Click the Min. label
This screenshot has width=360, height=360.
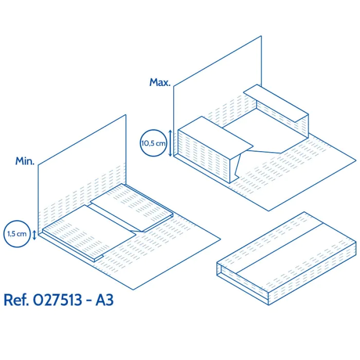point(25,161)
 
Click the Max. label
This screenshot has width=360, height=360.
point(160,82)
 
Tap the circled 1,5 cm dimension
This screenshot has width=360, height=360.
point(17,234)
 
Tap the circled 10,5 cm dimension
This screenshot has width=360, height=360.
point(153,143)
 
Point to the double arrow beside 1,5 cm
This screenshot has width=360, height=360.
point(34,235)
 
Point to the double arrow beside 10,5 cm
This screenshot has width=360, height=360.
point(170,143)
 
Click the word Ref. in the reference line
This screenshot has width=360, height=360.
point(16,300)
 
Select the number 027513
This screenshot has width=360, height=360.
point(58,300)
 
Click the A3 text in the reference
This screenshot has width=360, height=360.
point(104,300)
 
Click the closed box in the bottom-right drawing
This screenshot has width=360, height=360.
point(286,259)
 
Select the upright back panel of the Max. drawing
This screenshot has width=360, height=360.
point(218,97)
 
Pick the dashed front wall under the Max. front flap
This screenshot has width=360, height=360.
point(204,156)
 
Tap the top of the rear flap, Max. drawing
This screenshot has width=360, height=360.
point(276,103)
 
